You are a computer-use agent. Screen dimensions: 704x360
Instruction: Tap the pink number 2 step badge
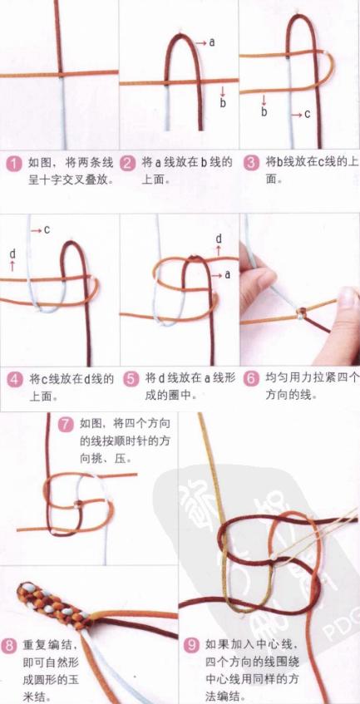click(128, 163)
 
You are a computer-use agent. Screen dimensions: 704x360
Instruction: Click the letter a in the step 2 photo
click(212, 41)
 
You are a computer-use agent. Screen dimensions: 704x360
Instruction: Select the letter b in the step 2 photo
click(223, 103)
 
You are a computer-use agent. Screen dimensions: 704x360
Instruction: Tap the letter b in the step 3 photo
click(264, 111)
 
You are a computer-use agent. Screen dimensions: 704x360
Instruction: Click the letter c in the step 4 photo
click(47, 229)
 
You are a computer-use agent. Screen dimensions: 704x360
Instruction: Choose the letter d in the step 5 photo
click(219, 239)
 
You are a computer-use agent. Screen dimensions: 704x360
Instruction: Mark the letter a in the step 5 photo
click(226, 273)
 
